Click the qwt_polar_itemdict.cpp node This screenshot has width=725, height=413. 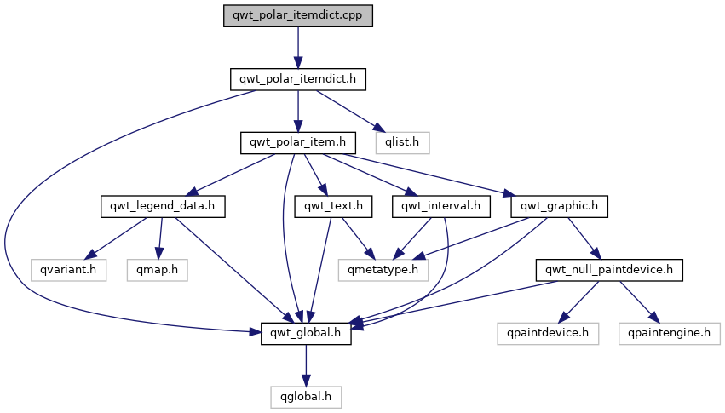pos(298,15)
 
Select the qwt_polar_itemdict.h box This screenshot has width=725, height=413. pos(298,79)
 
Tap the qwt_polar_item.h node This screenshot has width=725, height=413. pos(298,143)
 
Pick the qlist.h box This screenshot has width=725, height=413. pos(402,143)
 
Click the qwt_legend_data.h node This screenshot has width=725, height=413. pos(163,206)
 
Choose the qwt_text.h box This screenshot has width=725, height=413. pos(333,206)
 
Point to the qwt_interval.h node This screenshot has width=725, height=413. pos(441,206)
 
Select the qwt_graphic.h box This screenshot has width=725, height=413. pos(559,206)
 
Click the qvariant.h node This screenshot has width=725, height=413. pos(68,270)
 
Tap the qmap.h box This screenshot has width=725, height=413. pos(158,270)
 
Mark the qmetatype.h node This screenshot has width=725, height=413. pos(383,270)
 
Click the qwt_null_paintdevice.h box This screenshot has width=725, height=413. pos(609,270)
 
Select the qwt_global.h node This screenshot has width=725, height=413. pos(306,333)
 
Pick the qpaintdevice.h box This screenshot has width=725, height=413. pos(548,333)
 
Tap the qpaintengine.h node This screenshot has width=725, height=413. pos(670,333)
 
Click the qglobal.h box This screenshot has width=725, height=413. pos(306,397)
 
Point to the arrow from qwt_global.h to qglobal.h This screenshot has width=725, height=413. pos(306,365)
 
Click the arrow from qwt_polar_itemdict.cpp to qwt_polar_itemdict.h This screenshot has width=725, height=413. pos(298,48)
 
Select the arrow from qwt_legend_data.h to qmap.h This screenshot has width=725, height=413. pos(159,238)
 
